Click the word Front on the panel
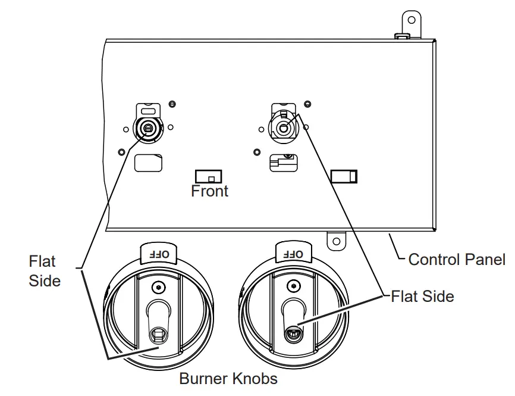tap(209, 191)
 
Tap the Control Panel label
tap(457, 260)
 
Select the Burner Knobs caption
tap(228, 378)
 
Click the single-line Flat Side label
tap(422, 295)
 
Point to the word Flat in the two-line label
tap(42, 261)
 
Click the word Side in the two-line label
tap(44, 280)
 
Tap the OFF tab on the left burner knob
tap(158, 254)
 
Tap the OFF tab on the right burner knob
tap(293, 254)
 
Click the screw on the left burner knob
tap(157, 287)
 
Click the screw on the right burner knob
tap(292, 287)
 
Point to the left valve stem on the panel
tap(146, 126)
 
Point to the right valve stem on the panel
tap(283, 127)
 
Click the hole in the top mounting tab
tap(410, 20)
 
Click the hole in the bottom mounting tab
tap(336, 241)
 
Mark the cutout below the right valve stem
tap(283, 163)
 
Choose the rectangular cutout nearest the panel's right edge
tap(344, 176)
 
